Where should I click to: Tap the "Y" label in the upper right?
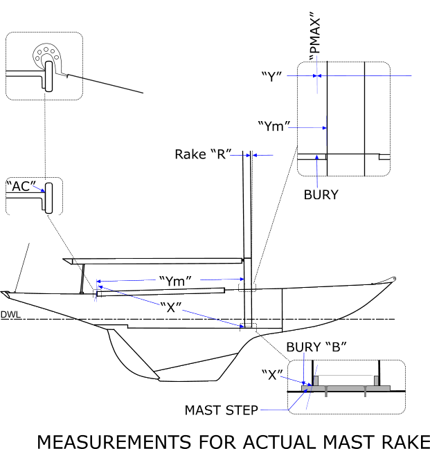pyautogui.click(x=272, y=75)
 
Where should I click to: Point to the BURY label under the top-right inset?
pyautogui.click(x=321, y=194)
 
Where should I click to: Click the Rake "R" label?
pyautogui.click(x=202, y=154)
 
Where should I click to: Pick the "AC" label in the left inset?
pyautogui.click(x=21, y=185)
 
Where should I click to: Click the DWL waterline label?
pyautogui.click(x=10, y=315)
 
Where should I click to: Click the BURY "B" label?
pyautogui.click(x=316, y=347)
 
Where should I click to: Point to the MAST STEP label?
pyautogui.click(x=221, y=410)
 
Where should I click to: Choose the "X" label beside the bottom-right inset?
pyautogui.click(x=274, y=374)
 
